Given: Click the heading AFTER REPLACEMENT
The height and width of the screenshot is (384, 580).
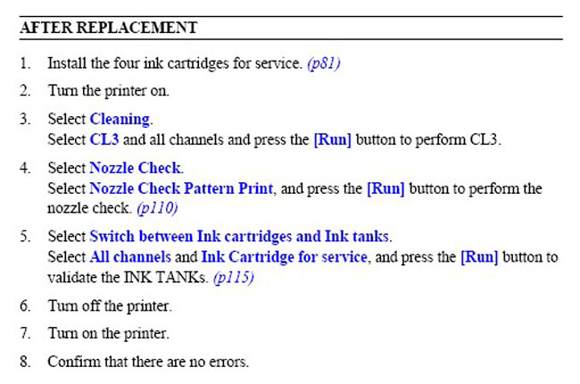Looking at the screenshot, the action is point(108,28).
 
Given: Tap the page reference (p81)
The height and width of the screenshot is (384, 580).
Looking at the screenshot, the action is point(324,63).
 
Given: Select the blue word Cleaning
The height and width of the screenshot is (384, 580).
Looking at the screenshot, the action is point(120,120).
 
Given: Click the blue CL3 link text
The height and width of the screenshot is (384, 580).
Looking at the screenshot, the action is point(104,139).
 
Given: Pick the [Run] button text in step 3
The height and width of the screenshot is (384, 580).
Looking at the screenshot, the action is point(333,140).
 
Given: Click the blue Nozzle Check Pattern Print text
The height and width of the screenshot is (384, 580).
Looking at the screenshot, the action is point(181,188).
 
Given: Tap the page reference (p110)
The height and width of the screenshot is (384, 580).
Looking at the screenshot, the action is point(157,208).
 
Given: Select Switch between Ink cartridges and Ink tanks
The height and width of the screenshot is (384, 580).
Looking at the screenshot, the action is point(239,237).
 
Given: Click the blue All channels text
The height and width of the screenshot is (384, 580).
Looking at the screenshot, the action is point(130,256).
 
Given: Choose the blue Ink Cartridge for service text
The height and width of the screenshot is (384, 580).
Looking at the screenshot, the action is point(284,257).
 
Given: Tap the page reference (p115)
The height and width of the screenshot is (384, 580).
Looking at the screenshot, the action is point(234,278).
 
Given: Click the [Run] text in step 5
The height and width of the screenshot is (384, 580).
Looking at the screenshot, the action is point(479,257).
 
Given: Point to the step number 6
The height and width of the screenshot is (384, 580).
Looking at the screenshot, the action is point(25,306).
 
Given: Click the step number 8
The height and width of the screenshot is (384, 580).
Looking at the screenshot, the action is point(25,362).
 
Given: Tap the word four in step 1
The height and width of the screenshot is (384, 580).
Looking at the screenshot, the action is point(127,63).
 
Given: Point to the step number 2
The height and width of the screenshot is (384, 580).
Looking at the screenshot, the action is point(25,91).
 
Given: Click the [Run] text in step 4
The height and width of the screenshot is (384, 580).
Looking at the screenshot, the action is point(385,188).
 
